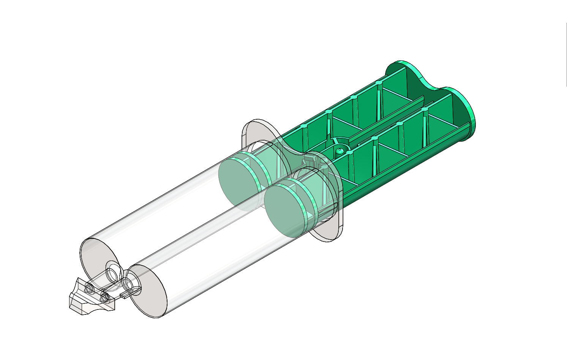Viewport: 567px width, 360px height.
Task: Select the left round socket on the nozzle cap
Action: pos(90,289)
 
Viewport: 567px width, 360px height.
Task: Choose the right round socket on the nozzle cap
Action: pos(104,298)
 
